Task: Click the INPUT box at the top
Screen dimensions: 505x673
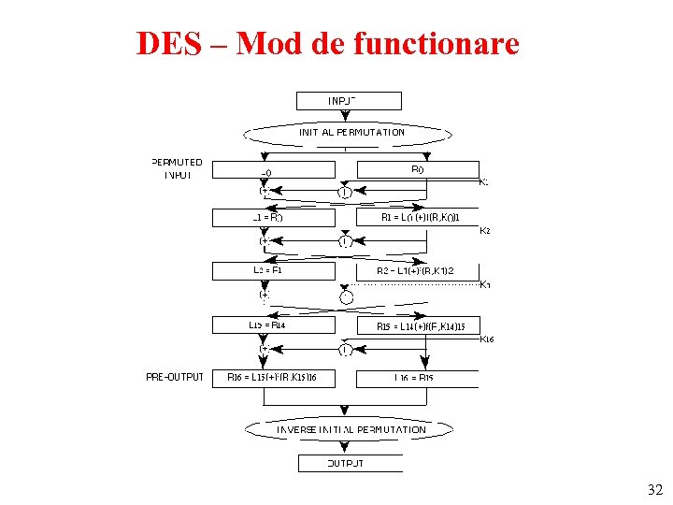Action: [x=348, y=100]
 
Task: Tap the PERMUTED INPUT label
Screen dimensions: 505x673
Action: [x=177, y=168]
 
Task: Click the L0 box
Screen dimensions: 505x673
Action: [x=273, y=170]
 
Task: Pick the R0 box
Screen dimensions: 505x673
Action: [x=417, y=170]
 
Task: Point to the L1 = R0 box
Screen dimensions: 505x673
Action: [x=273, y=218]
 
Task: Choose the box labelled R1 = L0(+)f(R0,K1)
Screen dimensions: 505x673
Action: [x=417, y=218]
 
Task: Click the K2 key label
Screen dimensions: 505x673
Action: [x=485, y=230]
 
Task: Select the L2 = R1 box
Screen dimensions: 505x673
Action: [x=273, y=270]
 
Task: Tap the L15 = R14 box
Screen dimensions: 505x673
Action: [x=273, y=325]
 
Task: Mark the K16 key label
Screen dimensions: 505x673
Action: [x=486, y=339]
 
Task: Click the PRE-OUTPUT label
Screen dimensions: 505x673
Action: [x=175, y=377]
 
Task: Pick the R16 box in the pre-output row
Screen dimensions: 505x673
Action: [x=273, y=378]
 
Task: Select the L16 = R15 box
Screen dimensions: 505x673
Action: [x=417, y=378]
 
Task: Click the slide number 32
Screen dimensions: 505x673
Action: [x=654, y=490]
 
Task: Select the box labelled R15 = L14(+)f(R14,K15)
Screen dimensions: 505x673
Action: [x=417, y=325]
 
